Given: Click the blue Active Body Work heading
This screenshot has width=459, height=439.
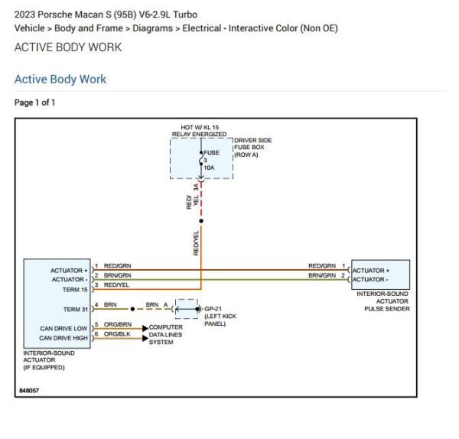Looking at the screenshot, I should pyautogui.click(x=60, y=80).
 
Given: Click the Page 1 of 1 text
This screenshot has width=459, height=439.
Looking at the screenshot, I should pyautogui.click(x=35, y=102).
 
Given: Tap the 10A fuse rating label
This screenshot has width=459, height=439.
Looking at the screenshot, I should pyautogui.click(x=209, y=167).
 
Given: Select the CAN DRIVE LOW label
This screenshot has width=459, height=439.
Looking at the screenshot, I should pyautogui.click(x=63, y=329).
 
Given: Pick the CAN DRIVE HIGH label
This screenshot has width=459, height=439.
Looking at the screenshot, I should pyautogui.click(x=63, y=337).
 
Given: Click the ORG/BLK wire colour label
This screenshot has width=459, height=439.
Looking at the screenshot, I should pyautogui.click(x=117, y=334).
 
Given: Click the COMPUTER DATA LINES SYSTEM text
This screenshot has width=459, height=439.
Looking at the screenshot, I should pyautogui.click(x=165, y=334).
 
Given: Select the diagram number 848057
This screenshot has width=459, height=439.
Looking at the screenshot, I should pyautogui.click(x=29, y=391).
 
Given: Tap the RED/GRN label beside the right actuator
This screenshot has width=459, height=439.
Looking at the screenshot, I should pyautogui.click(x=322, y=265).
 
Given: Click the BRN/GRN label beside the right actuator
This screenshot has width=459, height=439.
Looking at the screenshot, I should pyautogui.click(x=322, y=275).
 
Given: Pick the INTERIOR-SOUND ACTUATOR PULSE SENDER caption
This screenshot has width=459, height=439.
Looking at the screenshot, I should pyautogui.click(x=381, y=301).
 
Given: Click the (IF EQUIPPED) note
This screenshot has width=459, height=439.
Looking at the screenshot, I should pyautogui.click(x=45, y=368).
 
